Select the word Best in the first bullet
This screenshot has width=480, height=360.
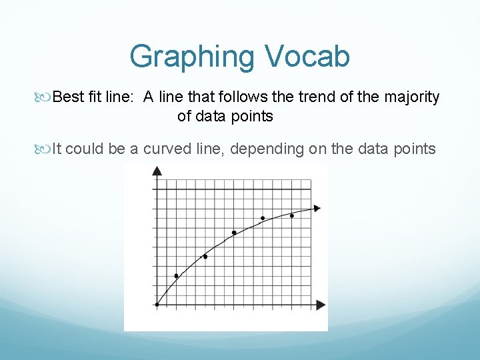click(69, 97)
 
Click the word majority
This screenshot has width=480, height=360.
click(412, 97)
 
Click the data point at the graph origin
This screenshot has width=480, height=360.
click(157, 305)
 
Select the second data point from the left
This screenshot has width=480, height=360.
click(177, 275)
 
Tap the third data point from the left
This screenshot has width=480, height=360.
click(205, 257)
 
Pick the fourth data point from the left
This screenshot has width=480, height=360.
click(234, 233)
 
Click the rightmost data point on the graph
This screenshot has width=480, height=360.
click(292, 215)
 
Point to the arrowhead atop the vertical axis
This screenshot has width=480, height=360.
click(157, 171)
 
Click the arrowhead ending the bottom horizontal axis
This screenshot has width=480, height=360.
click(321, 305)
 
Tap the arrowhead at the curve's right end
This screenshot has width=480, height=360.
click(317, 208)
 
